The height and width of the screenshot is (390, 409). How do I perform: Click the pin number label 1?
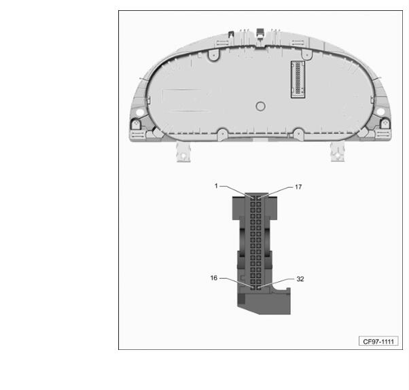click(216, 185)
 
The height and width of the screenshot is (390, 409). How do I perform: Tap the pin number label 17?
click(298, 187)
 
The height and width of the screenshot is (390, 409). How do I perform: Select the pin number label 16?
click(213, 278)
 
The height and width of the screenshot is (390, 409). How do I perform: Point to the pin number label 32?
click(300, 279)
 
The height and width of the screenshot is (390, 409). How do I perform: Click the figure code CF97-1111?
click(378, 342)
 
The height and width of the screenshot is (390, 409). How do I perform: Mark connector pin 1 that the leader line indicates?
click(253, 198)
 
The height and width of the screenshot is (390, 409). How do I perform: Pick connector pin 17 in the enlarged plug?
click(258, 198)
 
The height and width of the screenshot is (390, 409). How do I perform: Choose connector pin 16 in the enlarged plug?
click(253, 287)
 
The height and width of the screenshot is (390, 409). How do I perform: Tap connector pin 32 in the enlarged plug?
click(258, 287)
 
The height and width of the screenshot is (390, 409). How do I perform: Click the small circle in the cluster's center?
click(261, 106)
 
